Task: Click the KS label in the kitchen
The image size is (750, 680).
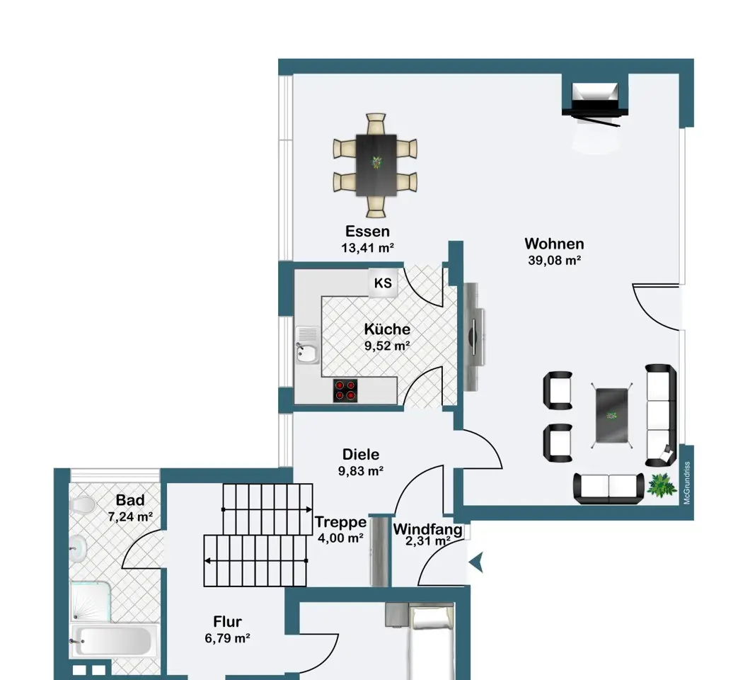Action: (x=383, y=283)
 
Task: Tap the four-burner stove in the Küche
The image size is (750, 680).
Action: (x=345, y=390)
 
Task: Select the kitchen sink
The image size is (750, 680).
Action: (x=307, y=345)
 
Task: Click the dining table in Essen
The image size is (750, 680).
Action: (x=376, y=165)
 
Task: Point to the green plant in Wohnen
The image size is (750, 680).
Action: (x=662, y=485)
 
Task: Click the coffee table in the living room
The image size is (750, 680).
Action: (x=612, y=415)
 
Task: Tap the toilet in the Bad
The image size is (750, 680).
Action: (x=82, y=505)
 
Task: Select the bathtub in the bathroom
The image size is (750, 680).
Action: (x=115, y=641)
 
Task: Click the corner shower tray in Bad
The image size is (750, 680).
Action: (x=91, y=601)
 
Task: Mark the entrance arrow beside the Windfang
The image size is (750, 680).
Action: (x=476, y=562)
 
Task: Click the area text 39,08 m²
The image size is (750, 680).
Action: (x=555, y=261)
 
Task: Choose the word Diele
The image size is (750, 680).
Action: (x=361, y=454)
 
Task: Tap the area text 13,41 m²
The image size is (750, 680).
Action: (x=367, y=248)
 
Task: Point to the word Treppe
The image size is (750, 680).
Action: (x=340, y=521)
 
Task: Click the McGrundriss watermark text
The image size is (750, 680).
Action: (x=687, y=482)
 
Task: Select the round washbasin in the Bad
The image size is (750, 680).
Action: (x=78, y=548)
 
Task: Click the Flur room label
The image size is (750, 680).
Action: (x=227, y=622)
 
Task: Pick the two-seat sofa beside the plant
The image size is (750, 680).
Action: (x=609, y=489)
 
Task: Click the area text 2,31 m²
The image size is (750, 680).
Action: (x=427, y=541)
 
